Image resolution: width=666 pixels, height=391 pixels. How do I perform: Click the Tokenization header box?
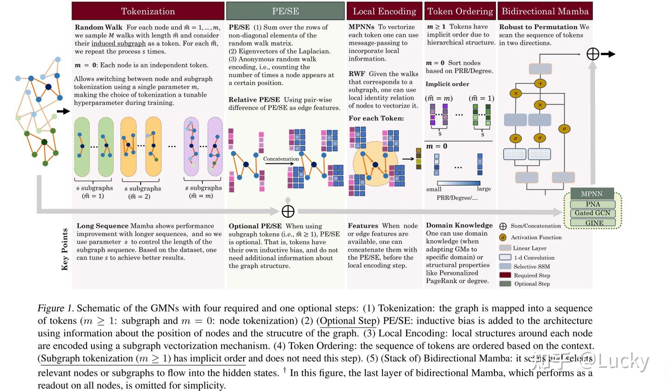[x=148, y=11]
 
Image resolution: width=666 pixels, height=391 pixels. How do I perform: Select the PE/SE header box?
[x=285, y=11]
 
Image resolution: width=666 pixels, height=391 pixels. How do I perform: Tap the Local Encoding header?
[x=384, y=11]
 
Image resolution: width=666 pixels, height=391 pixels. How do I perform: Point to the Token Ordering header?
[x=460, y=11]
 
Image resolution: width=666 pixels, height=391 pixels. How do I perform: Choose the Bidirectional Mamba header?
[x=545, y=11]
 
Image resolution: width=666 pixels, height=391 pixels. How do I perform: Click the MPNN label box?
[x=592, y=193]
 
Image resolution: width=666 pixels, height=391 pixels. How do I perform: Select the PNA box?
[x=592, y=204]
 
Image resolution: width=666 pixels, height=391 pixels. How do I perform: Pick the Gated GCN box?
[x=592, y=213]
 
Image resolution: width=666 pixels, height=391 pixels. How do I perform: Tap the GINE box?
[x=594, y=223]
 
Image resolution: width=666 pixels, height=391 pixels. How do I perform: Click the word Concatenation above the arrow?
[x=281, y=159]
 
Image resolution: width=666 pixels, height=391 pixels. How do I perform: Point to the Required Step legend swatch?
[x=505, y=275]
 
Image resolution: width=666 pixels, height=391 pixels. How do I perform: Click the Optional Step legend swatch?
[x=505, y=284]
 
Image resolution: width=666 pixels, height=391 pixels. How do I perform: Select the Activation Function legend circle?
[x=503, y=237]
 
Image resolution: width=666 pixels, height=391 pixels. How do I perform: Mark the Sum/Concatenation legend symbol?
[x=503, y=226]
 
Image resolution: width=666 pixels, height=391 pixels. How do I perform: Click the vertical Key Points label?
[x=65, y=249]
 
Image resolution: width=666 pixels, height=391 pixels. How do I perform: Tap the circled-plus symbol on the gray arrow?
[x=288, y=211]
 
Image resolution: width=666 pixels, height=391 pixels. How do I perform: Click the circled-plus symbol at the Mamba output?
[x=592, y=54]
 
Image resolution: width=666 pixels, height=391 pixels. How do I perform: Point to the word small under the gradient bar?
[x=433, y=189]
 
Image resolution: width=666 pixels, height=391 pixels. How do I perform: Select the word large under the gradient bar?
[x=484, y=189]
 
